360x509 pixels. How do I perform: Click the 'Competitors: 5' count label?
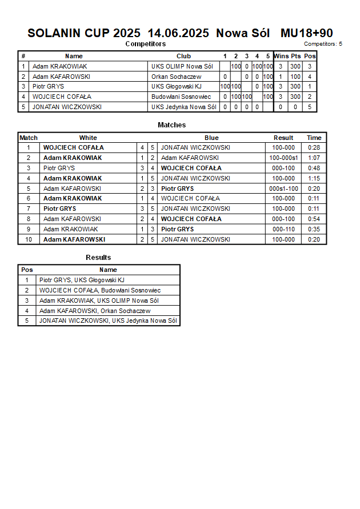click(323, 43)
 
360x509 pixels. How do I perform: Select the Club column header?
click(183, 56)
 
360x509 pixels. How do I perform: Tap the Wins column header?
click(281, 56)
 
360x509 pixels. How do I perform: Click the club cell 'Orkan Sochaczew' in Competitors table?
click(176, 77)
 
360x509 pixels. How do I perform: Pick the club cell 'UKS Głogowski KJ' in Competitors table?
click(176, 87)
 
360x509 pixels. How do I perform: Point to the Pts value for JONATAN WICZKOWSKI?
click(295, 107)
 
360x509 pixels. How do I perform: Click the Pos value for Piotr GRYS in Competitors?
click(309, 87)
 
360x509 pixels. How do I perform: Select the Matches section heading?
click(171, 125)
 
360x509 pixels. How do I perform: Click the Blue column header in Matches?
click(211, 138)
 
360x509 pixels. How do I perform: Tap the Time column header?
click(314, 138)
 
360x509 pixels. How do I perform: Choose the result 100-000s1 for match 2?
click(283, 158)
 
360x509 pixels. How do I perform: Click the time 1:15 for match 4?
click(314, 178)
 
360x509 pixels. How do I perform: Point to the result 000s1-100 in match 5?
click(283, 189)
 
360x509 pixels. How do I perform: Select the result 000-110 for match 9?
click(283, 229)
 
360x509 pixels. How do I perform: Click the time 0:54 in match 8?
click(314, 219)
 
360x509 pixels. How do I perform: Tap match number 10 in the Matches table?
click(28, 239)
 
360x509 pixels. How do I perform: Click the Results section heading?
click(98, 258)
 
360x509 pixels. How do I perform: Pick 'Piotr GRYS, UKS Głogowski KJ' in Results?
click(82, 280)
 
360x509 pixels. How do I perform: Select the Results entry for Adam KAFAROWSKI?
click(95, 311)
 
